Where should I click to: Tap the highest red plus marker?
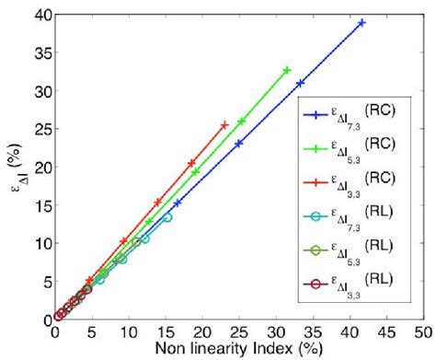224,125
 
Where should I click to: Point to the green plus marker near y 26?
242,122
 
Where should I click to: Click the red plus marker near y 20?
191,164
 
